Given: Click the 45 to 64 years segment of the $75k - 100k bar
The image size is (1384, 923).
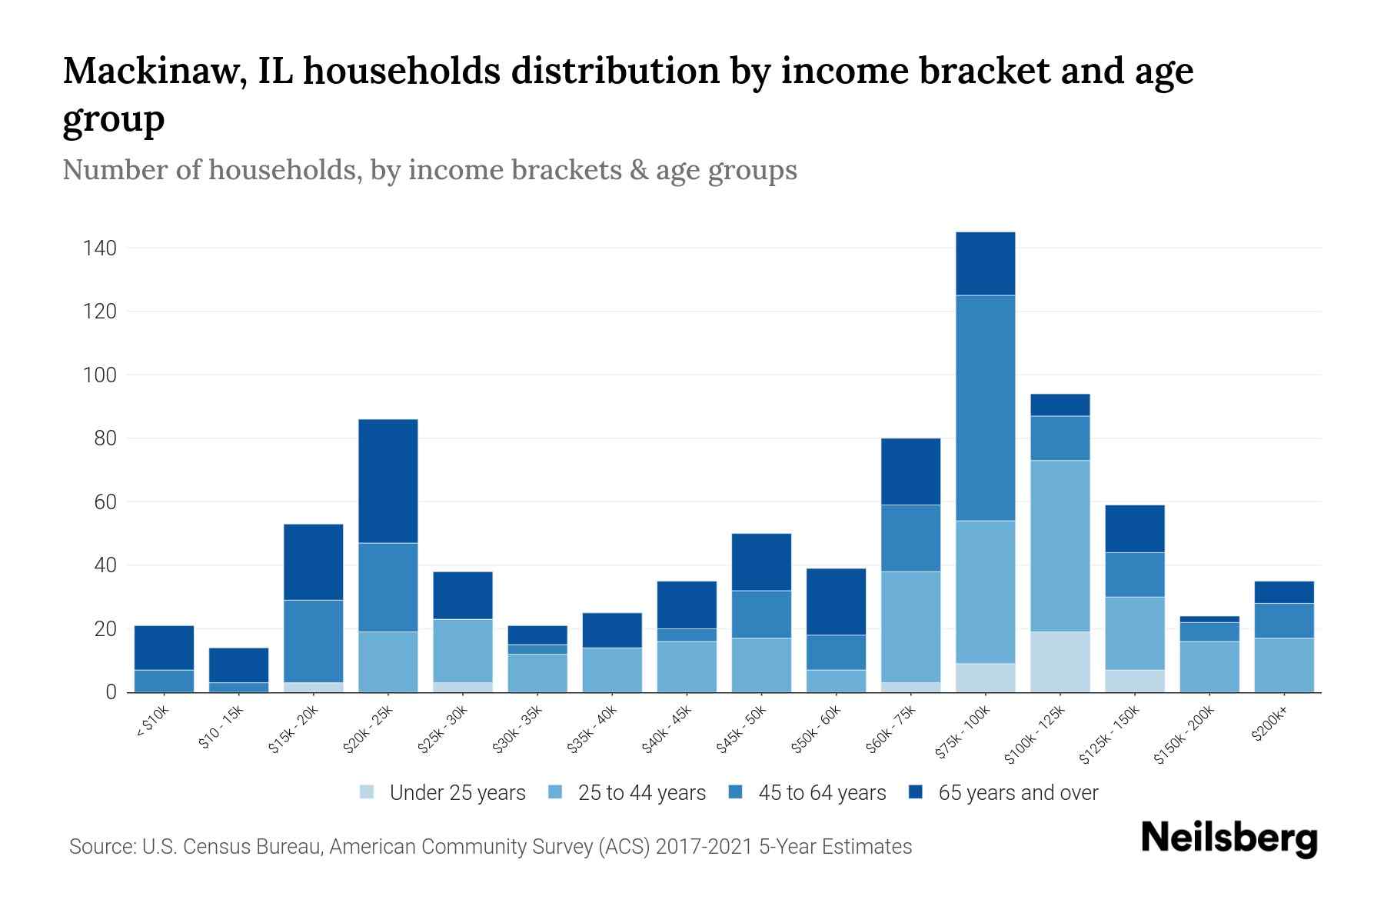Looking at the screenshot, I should tap(985, 408).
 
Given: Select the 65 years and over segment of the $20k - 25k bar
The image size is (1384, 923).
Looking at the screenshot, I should tap(388, 481).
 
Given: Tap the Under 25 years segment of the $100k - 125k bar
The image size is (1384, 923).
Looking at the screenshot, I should tap(1060, 661).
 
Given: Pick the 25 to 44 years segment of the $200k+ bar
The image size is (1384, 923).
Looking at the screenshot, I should tap(1283, 665).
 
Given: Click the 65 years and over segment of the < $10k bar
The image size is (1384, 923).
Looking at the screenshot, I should tap(164, 648).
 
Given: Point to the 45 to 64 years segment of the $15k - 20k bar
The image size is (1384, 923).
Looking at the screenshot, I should tap(313, 641).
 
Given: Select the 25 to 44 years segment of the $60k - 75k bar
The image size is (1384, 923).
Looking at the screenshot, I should tap(910, 626).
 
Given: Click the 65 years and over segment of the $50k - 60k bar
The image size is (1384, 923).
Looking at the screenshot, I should tap(836, 601).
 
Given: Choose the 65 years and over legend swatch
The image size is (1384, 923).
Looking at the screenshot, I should tap(916, 792).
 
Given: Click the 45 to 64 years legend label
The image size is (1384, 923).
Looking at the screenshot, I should tap(822, 793).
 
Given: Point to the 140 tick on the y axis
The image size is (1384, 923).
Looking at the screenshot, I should tap(100, 248).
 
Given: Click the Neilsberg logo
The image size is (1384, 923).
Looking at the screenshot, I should tap(1229, 838).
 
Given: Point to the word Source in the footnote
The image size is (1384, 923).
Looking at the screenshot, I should tap(101, 847).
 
